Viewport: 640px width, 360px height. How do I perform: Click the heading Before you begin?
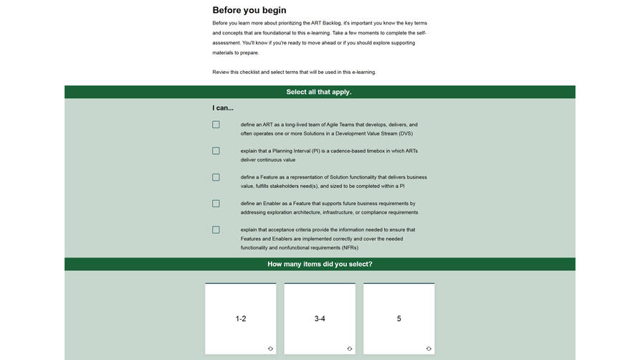pyautogui.click(x=249, y=10)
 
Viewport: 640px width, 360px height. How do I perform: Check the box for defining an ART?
pyautogui.click(x=216, y=125)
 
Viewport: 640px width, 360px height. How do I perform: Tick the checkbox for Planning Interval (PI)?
pyautogui.click(x=216, y=151)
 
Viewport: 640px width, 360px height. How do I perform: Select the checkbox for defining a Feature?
pyautogui.click(x=216, y=177)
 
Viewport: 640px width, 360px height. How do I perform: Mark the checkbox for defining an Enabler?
pyautogui.click(x=216, y=204)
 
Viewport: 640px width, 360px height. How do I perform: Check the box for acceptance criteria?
pyautogui.click(x=216, y=230)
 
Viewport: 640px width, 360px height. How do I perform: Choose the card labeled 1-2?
pyautogui.click(x=241, y=318)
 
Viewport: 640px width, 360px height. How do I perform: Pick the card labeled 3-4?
pyautogui.click(x=320, y=318)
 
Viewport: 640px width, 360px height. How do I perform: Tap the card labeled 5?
pyautogui.click(x=398, y=318)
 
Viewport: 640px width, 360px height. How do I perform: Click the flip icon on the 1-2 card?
pyautogui.click(x=270, y=349)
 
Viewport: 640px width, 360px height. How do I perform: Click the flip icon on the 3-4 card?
pyautogui.click(x=349, y=349)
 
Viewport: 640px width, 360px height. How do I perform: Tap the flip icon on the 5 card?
pyautogui.click(x=429, y=349)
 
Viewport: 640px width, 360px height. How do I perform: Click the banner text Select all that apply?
pyautogui.click(x=319, y=92)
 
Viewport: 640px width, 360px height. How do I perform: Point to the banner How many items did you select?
pyautogui.click(x=320, y=264)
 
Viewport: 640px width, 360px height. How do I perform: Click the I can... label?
pyautogui.click(x=223, y=108)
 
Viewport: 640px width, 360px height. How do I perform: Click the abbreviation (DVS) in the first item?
pyautogui.click(x=406, y=133)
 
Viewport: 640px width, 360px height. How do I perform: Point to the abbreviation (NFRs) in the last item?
pyautogui.click(x=345, y=247)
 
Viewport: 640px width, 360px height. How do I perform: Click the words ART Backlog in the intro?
pyautogui.click(x=325, y=23)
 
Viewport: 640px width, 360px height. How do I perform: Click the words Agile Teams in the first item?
pyautogui.click(x=341, y=125)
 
